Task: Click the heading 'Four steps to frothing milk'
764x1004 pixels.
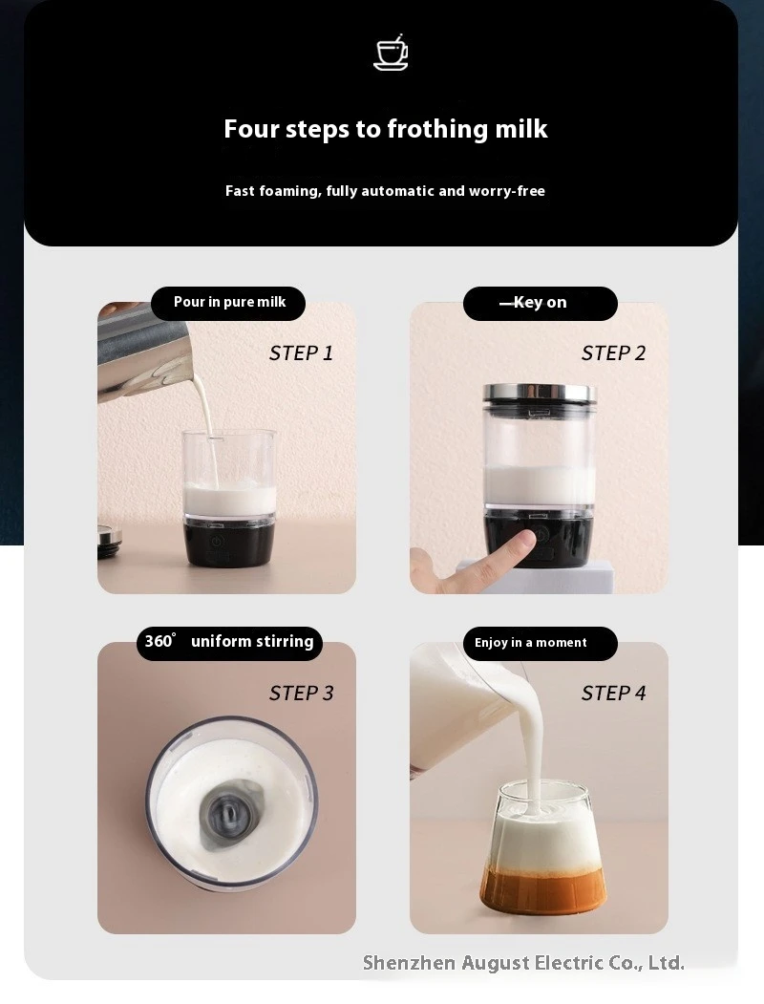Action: [386, 129]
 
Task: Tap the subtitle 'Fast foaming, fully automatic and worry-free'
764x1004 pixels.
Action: [385, 191]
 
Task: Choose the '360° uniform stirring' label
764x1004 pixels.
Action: [229, 642]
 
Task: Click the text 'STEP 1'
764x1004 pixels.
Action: [301, 353]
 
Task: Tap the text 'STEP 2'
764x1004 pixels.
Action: [613, 353]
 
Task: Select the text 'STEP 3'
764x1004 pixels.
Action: [301, 694]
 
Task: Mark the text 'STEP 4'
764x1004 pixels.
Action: [613, 694]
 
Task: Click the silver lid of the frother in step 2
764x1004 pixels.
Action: [540, 394]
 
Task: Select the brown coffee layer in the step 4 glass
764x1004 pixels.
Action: [542, 890]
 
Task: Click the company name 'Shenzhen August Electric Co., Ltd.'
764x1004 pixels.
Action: [523, 963]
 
